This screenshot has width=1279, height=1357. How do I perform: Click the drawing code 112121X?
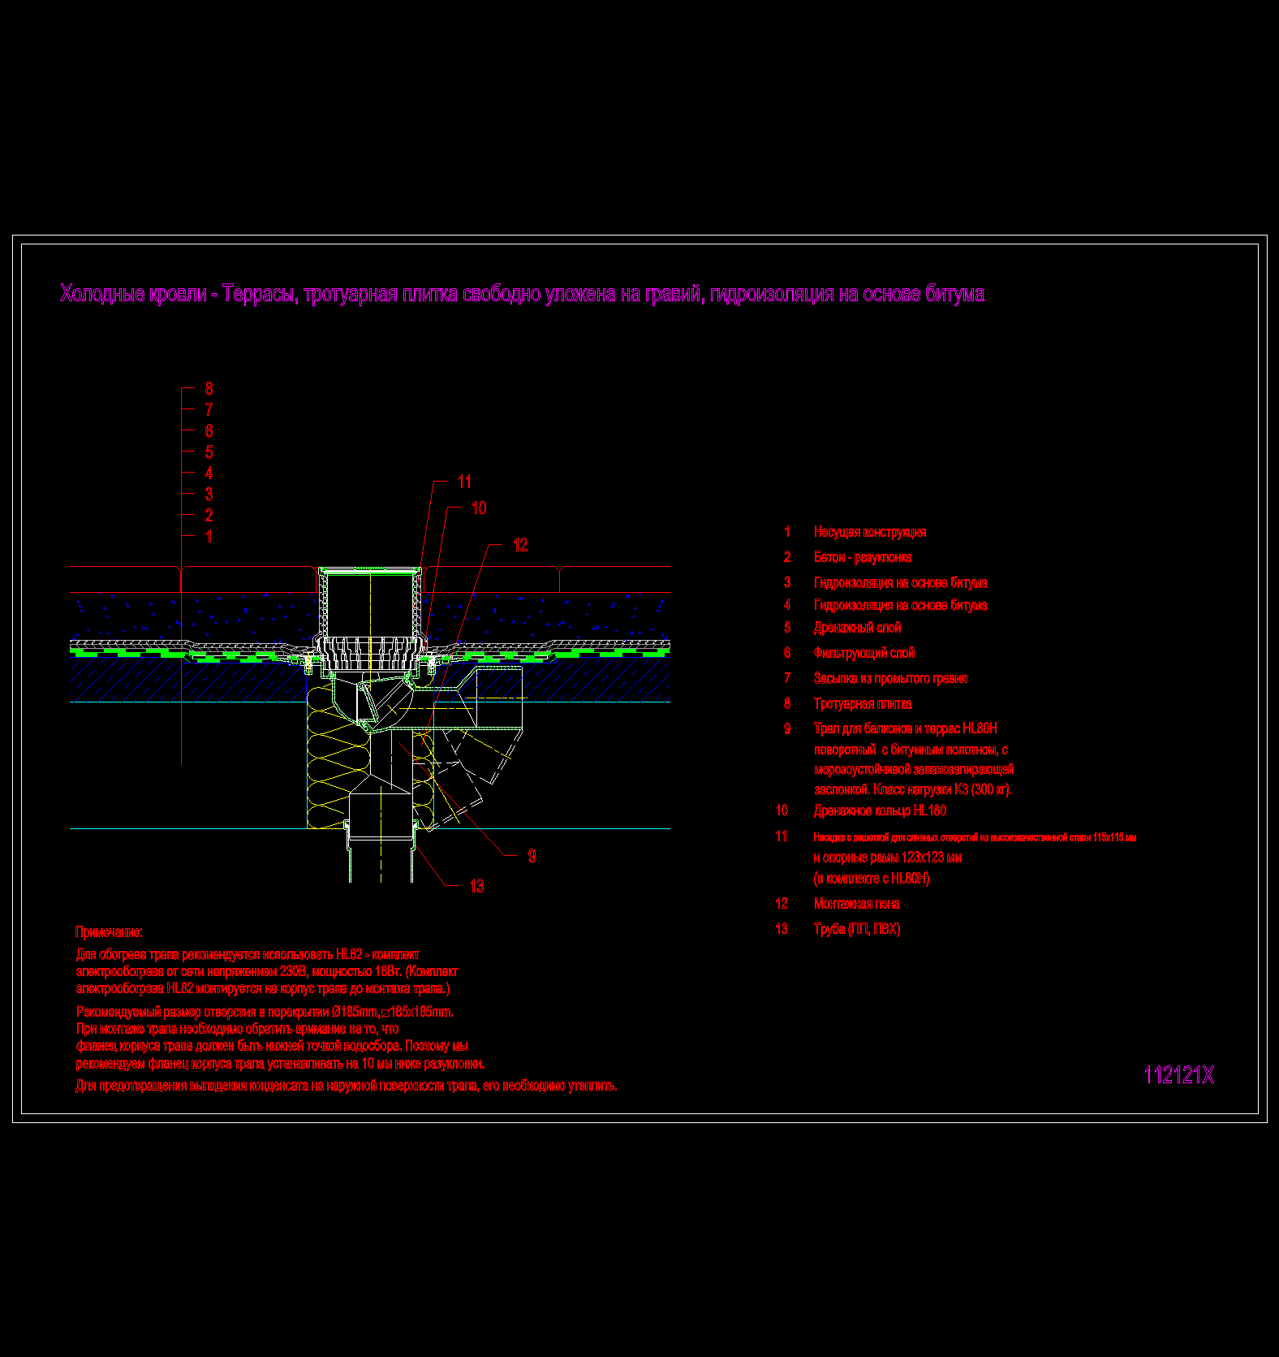tap(1178, 1075)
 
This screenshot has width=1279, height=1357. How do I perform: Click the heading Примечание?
tap(109, 932)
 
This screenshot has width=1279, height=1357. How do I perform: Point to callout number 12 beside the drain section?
tap(520, 546)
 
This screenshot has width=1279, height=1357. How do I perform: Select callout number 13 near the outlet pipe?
tap(476, 887)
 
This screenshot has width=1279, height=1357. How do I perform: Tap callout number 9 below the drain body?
tap(532, 856)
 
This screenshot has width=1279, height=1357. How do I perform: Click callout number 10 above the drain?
tap(479, 508)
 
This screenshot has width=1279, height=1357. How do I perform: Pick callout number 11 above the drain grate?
tap(464, 482)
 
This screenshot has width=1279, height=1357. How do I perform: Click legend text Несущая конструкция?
tap(870, 532)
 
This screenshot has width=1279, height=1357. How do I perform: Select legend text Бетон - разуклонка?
tap(863, 557)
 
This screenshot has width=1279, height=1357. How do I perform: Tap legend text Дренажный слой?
tap(857, 628)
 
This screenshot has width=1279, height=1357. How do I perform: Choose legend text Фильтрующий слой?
tap(864, 653)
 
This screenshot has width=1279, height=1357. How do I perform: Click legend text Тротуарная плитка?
tap(863, 704)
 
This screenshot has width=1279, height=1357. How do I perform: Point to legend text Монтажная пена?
tap(857, 904)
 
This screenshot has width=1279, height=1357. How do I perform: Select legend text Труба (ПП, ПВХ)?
tap(857, 929)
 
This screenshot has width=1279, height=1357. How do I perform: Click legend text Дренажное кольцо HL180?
tap(880, 810)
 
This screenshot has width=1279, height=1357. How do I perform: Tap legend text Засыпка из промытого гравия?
tap(890, 679)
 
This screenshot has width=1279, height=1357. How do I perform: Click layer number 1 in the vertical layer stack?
tap(209, 536)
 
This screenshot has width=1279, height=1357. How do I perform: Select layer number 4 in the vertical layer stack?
tap(209, 473)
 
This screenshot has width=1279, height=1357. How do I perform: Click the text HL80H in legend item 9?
tap(980, 728)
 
